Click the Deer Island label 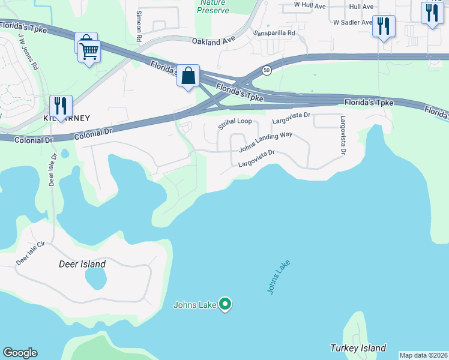coord(82,264)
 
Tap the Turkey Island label coord(358,348)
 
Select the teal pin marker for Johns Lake coord(225,305)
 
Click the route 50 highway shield coord(267,70)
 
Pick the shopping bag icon coord(188,76)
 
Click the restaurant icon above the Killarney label coord(60,106)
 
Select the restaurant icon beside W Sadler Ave coord(383,26)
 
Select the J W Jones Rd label coord(28,51)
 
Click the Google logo coord(20,353)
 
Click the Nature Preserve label coord(213,7)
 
